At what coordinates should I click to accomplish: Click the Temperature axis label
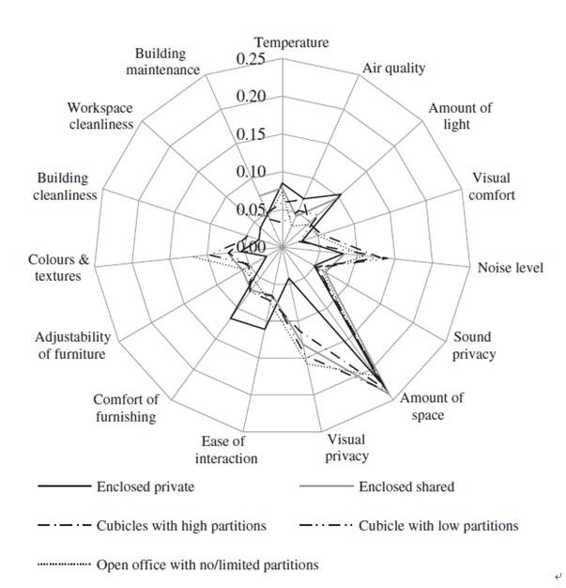click(291, 42)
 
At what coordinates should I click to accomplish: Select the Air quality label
click(393, 68)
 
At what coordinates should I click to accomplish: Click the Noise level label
click(510, 268)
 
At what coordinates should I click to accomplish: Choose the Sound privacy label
click(473, 346)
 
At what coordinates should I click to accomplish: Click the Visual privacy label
click(345, 447)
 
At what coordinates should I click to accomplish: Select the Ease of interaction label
click(226, 449)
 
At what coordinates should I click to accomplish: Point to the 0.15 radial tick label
click(251, 134)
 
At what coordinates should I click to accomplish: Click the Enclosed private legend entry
click(145, 487)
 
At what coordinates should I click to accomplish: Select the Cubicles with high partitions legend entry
click(181, 525)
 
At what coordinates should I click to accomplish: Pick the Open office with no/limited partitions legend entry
click(207, 565)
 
